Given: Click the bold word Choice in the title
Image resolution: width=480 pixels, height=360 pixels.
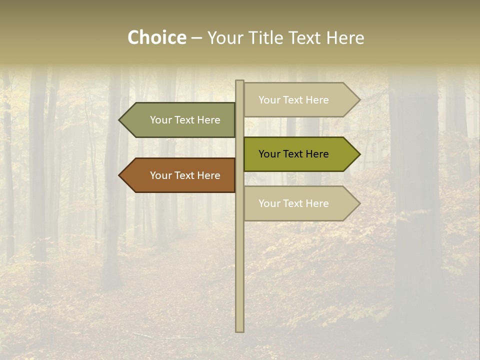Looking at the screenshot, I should pos(156,37).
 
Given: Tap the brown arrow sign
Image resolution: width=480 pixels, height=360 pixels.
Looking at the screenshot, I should pos(180,175).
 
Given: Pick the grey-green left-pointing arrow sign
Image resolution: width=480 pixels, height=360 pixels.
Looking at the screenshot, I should pos(180,120).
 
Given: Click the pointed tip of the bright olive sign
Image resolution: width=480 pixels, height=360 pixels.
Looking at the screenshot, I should pos(359,154).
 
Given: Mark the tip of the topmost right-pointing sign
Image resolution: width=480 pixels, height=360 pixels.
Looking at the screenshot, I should pos(359,100).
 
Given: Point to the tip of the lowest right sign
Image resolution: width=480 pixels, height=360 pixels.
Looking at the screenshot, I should pos(359,203).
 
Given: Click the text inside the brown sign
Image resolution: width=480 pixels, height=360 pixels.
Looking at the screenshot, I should pos(185,175).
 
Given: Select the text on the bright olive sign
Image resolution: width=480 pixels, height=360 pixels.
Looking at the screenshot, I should pos(293,154).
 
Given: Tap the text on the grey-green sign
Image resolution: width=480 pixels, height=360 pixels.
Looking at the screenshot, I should pos(185,120).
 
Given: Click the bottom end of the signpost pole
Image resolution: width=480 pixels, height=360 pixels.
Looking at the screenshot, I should pos(240,330).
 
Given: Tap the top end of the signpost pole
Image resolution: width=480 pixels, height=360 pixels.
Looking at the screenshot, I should pos(240,81).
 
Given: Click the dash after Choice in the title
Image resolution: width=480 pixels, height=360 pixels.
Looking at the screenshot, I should pos(196,38).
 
